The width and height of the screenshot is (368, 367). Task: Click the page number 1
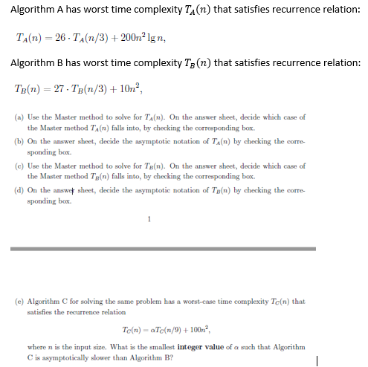point(149,218)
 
